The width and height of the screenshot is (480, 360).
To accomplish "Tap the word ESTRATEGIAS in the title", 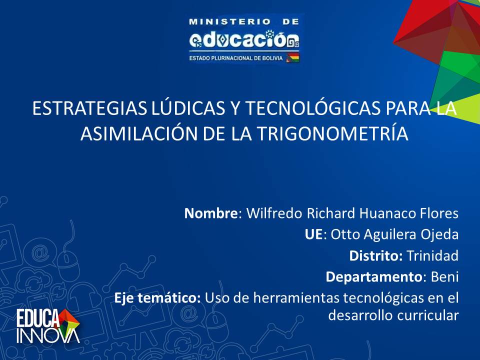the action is (89, 108).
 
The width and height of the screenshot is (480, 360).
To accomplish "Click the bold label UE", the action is (313, 234).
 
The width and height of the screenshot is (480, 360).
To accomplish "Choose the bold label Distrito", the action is (375, 255).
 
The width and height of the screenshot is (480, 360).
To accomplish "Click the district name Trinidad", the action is (432, 255).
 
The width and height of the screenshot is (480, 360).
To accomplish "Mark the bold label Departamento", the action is (374, 277).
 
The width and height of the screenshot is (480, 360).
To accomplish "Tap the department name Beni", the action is (445, 276).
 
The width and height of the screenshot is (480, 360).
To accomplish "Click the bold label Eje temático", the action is (157, 298).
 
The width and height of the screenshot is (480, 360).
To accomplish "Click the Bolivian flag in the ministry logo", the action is (292, 57).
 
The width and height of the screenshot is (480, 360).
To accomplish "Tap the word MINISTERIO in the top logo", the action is (229, 21).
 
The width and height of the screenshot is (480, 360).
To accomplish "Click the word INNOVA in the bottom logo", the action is (48, 336).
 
